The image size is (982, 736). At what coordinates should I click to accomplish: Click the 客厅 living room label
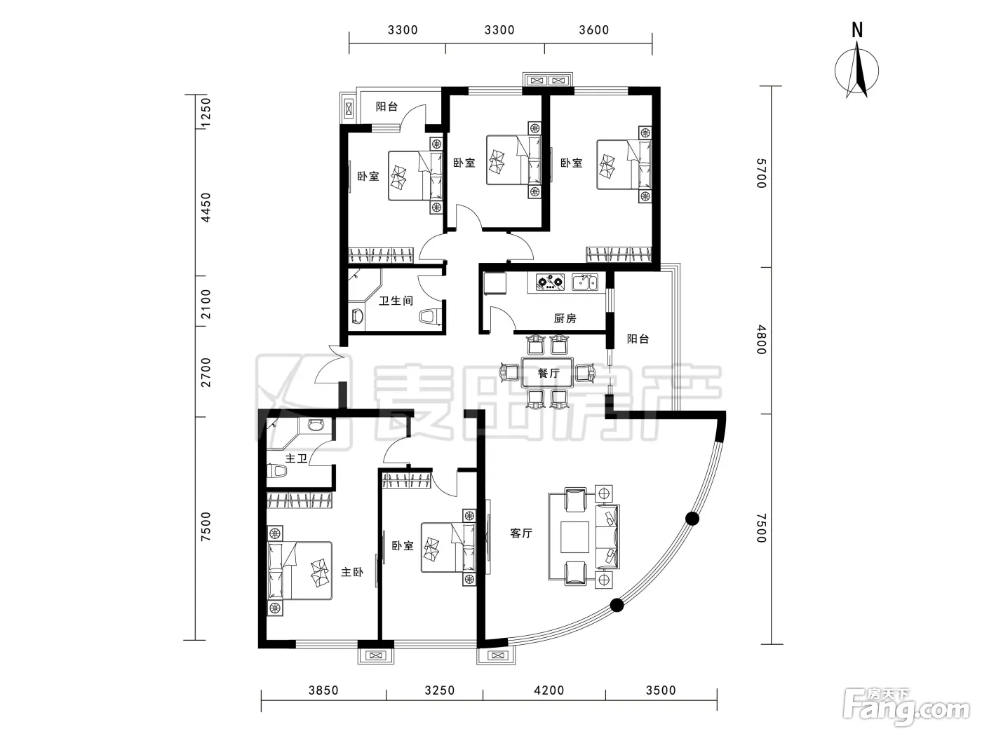point(521,533)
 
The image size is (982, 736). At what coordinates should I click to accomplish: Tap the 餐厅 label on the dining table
point(549,373)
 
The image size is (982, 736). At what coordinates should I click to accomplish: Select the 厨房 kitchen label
point(565,318)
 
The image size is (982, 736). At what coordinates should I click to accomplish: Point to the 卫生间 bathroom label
point(396,301)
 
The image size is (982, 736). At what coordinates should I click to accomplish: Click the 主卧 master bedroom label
point(352,572)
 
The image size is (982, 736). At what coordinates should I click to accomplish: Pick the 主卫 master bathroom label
point(296,458)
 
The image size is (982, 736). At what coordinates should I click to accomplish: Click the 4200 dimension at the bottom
point(549,690)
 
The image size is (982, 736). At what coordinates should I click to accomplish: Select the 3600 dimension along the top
point(593,30)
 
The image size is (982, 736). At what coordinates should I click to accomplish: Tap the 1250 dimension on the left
point(206,113)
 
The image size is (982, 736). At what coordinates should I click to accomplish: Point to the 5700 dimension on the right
point(761,173)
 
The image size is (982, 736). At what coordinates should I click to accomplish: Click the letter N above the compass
point(856,30)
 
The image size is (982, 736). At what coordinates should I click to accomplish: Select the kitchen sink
point(585,282)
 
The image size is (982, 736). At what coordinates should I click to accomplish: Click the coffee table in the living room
point(575,537)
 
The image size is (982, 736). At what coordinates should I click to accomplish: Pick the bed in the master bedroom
point(300,571)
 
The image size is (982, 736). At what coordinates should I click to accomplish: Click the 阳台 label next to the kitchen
point(638,339)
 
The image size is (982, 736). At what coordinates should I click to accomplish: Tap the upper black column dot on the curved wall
point(692,519)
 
